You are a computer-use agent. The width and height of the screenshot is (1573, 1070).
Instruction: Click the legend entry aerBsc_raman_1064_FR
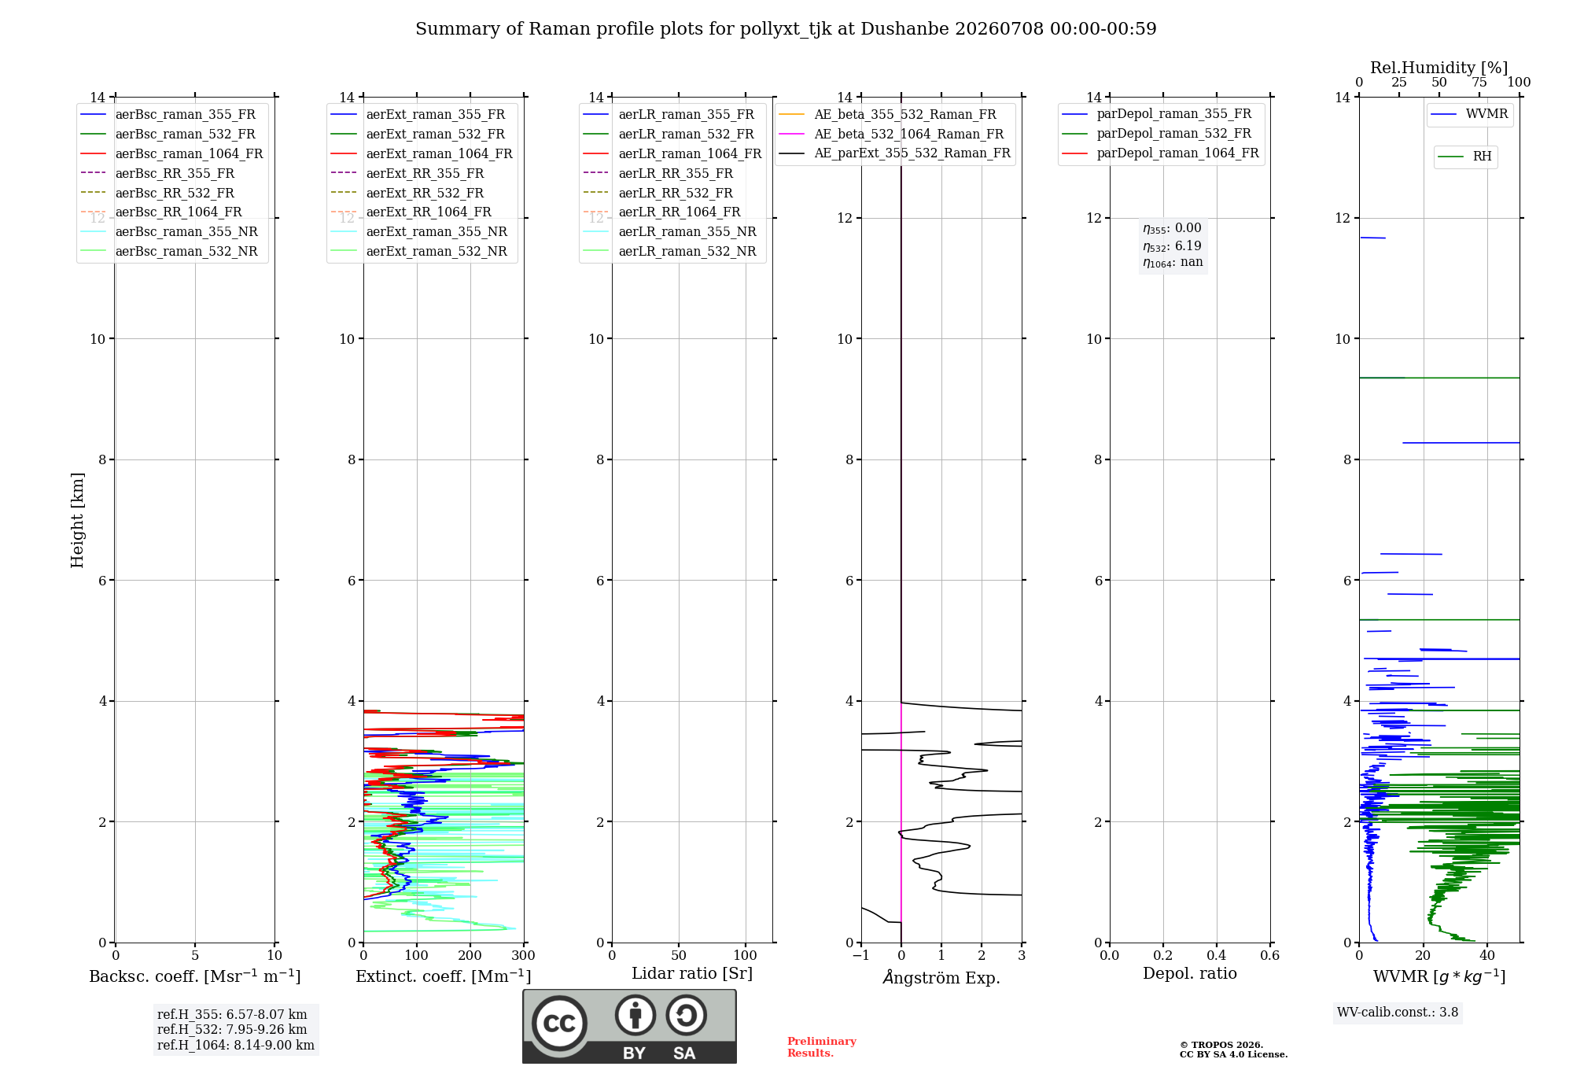(x=171, y=153)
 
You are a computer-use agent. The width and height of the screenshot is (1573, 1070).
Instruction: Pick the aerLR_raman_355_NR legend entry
(x=669, y=231)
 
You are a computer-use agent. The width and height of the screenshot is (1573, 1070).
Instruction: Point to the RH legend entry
(x=1464, y=157)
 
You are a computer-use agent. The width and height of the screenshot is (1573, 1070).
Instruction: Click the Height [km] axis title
(x=77, y=520)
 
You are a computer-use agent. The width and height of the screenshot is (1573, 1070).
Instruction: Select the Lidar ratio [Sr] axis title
(x=692, y=973)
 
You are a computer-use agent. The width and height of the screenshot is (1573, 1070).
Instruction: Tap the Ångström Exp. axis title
(x=941, y=977)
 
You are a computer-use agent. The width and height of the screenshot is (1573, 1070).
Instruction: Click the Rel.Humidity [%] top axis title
(x=1439, y=68)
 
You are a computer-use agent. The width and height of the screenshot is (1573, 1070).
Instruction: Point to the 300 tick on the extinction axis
(x=523, y=955)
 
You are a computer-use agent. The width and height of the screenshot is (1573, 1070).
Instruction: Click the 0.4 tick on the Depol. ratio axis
(x=1217, y=955)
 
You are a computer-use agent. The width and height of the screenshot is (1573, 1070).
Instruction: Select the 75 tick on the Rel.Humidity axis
(x=1479, y=83)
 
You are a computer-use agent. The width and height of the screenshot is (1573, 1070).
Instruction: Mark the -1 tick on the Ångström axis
(x=861, y=955)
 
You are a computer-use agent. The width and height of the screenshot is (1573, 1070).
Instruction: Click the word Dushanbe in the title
(x=904, y=29)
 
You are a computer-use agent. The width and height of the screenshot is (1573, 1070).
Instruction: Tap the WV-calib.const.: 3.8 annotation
(x=1398, y=1012)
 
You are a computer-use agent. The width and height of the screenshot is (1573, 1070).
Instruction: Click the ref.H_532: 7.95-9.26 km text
(x=232, y=1029)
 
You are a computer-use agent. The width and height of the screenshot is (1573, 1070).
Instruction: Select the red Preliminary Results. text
(x=822, y=1047)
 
